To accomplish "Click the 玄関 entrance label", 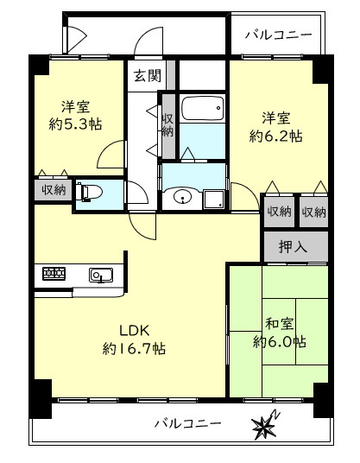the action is click(x=148, y=76).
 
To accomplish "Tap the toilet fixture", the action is click(x=89, y=193).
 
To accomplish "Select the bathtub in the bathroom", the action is click(x=202, y=107).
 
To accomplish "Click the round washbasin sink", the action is click(x=183, y=197).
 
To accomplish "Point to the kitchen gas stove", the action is click(x=54, y=274).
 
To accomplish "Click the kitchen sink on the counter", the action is click(x=101, y=276).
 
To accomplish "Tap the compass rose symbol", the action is click(x=265, y=423).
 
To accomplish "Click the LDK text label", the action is click(x=135, y=331).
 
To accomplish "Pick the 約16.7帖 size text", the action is click(x=134, y=349).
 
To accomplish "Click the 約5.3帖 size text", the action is click(x=76, y=124).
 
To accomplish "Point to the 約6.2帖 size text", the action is click(x=276, y=136).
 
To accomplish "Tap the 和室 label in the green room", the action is click(x=280, y=324).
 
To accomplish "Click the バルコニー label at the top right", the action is click(x=279, y=35).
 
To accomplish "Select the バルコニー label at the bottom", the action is click(x=188, y=424).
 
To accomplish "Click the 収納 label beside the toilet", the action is click(x=54, y=190).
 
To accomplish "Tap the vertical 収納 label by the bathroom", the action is click(x=167, y=125).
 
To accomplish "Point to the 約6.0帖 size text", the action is click(x=280, y=342).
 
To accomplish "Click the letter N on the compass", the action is click(x=276, y=415).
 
